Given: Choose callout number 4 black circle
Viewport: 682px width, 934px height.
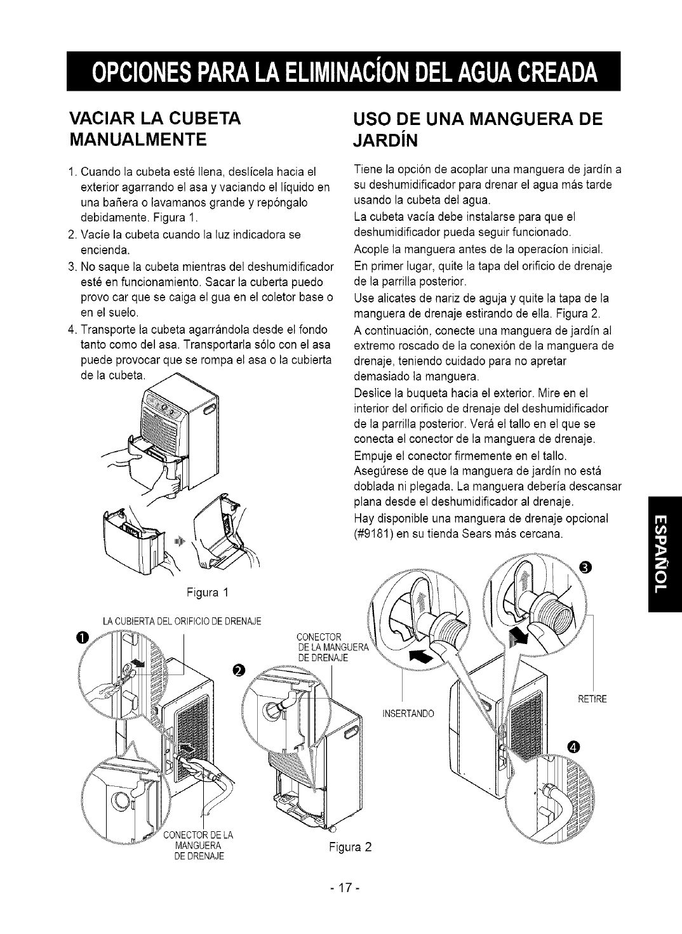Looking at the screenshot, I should [x=574, y=747].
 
